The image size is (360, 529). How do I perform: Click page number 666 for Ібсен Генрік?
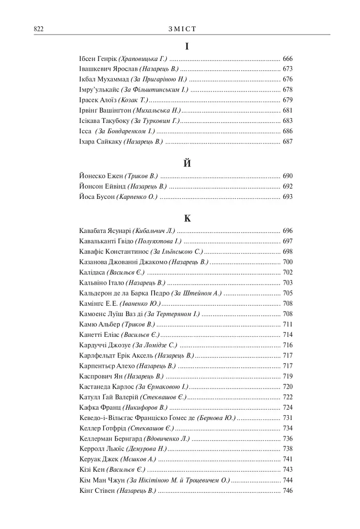click(x=288, y=59)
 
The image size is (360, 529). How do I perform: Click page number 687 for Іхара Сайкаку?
click(x=288, y=142)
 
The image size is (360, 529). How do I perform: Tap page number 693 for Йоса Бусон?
click(x=288, y=197)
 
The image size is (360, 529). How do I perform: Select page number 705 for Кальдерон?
click(x=288, y=293)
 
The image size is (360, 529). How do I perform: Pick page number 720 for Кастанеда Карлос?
click(x=288, y=386)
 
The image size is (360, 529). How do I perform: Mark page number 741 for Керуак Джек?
click(x=288, y=459)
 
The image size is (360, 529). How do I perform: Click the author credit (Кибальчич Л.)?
click(x=154, y=231)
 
